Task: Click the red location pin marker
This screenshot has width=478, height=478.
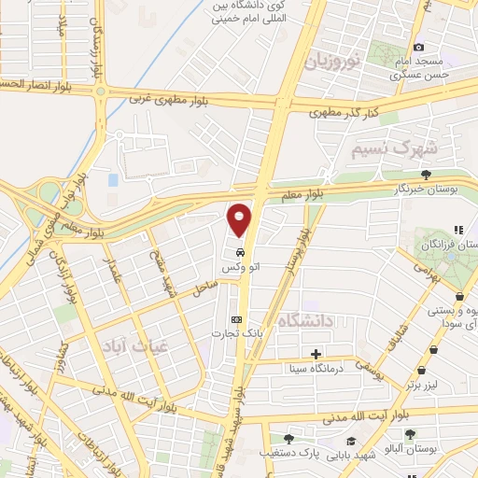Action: tap(240, 220)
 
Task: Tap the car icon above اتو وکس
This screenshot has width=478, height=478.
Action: tap(240, 252)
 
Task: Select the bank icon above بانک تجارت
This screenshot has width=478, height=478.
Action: tap(235, 318)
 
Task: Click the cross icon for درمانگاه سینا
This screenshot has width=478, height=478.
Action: tap(316, 354)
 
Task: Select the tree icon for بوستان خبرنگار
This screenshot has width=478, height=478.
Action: tap(427, 174)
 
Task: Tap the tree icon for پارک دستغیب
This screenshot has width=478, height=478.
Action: tap(288, 439)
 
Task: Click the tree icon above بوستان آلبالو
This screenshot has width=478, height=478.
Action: tap(410, 434)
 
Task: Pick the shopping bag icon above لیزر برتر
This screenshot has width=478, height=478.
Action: tap(434, 348)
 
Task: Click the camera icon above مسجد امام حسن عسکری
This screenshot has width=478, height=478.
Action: tap(418, 47)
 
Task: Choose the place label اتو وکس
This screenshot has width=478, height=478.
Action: tap(239, 268)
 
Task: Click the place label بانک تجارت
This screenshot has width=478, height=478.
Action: tap(232, 333)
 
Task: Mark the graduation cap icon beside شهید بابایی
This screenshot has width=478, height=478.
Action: tap(350, 441)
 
